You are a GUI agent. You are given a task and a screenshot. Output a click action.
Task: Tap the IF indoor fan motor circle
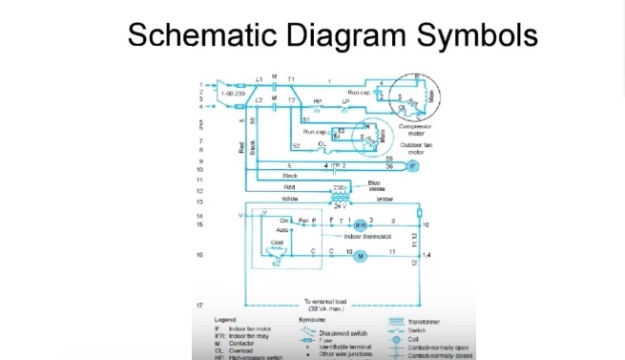[x=412, y=166]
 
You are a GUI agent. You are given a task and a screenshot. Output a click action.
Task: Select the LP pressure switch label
[x=344, y=101]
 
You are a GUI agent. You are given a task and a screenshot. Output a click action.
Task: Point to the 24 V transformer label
[x=335, y=207]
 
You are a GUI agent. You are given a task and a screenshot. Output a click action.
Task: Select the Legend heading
[x=226, y=319]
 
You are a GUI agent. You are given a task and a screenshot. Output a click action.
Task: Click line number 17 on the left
[x=201, y=305]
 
